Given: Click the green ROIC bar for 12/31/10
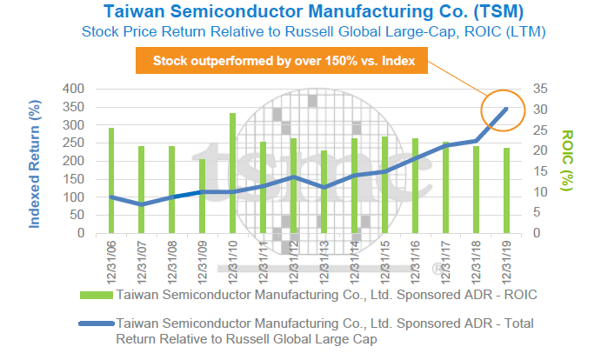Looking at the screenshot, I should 232,173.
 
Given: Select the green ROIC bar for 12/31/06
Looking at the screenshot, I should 111,181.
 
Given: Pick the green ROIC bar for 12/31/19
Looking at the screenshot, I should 505,190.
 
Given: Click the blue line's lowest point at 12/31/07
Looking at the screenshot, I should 142,204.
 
